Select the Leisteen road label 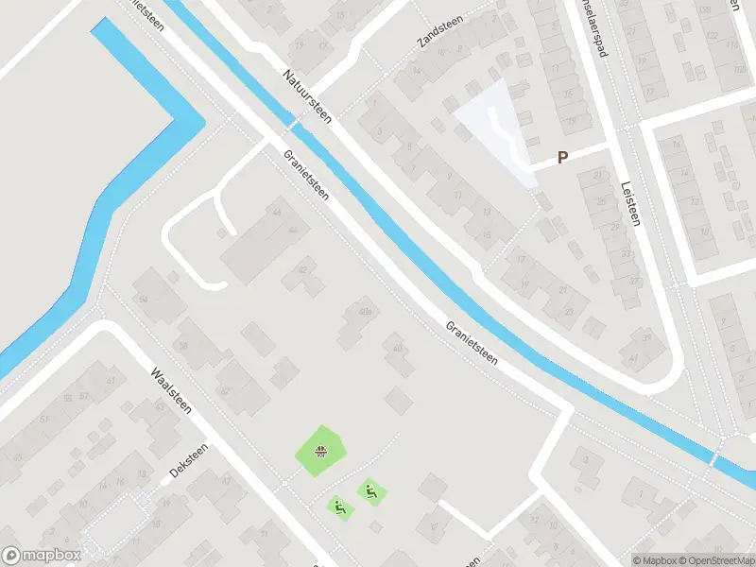click(630, 202)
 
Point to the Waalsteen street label click(171, 390)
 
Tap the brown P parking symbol click(563, 158)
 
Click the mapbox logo click(41, 556)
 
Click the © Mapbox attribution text click(654, 560)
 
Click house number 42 click(302, 270)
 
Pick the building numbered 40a click(365, 311)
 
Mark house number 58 click(183, 346)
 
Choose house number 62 click(224, 390)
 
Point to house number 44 click(277, 212)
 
